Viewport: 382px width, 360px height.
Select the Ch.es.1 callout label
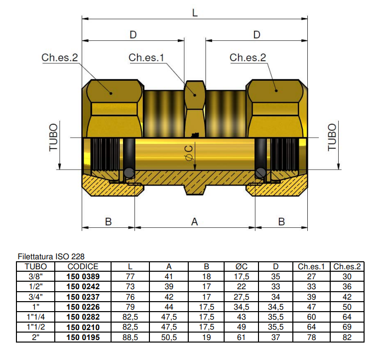[x=146, y=58]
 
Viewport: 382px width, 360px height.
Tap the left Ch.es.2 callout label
[x=60, y=58]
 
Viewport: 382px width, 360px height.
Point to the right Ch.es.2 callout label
[x=248, y=58]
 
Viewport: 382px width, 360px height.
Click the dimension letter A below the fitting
[x=195, y=221]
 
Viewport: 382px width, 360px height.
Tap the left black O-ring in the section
[x=129, y=172]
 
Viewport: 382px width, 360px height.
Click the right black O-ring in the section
[x=260, y=172]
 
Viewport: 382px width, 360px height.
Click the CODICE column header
[x=83, y=267]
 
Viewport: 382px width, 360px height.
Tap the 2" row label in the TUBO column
[x=35, y=337]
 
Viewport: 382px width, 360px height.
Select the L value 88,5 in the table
[x=129, y=337]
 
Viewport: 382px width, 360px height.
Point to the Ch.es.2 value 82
[x=347, y=337]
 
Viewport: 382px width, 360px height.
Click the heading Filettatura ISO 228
[x=48, y=256]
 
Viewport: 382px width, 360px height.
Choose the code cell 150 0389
[x=83, y=276]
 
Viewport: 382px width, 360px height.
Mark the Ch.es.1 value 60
[x=311, y=317]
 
